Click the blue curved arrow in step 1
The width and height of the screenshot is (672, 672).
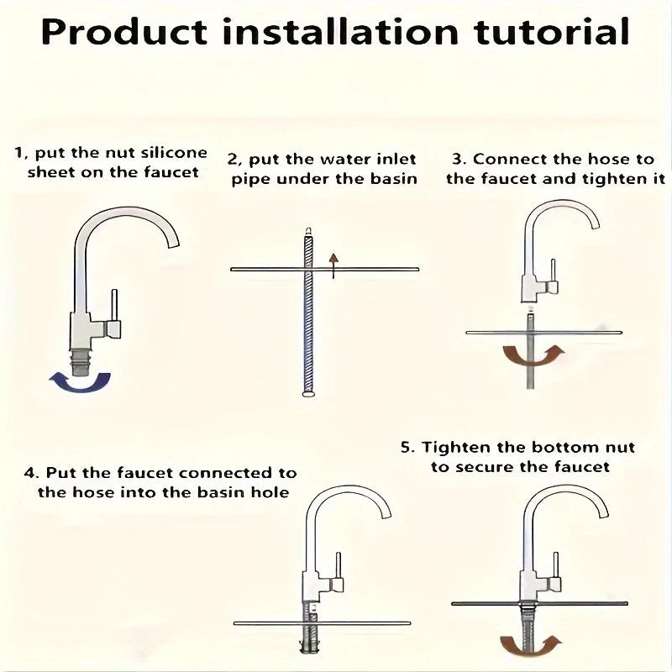point(79,381)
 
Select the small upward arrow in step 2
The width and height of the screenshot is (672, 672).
point(333,263)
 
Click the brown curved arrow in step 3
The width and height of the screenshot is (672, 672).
point(533,354)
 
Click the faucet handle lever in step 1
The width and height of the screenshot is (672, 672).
point(115,307)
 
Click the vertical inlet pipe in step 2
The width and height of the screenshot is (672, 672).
point(308,328)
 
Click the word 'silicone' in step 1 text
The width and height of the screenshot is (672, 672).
point(172,153)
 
